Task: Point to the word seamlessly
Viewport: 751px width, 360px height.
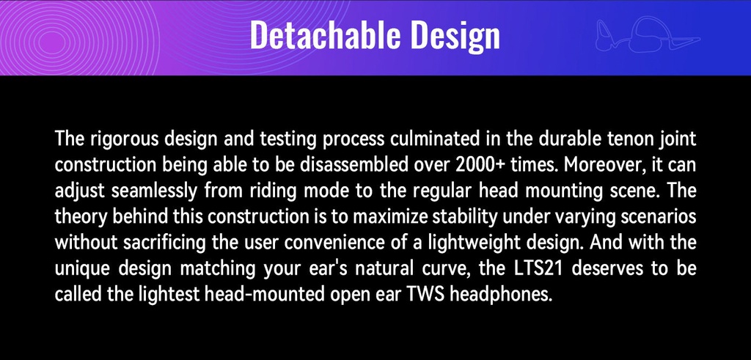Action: tap(154, 191)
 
